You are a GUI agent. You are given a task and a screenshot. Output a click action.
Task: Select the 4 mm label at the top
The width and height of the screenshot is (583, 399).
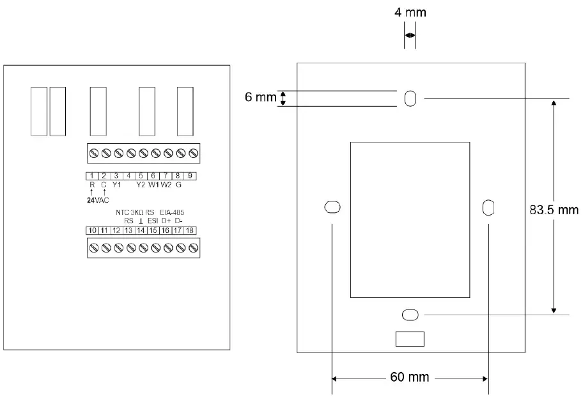pos(410,13)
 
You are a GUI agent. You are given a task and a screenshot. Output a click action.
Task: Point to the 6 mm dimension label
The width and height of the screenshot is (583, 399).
pos(260,98)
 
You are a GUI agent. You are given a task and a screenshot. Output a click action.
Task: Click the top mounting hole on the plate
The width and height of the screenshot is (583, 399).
pos(410,98)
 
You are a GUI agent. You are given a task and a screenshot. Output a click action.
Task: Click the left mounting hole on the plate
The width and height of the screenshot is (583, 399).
pos(332,207)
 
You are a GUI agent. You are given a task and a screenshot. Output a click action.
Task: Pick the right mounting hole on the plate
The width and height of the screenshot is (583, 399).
pos(488,207)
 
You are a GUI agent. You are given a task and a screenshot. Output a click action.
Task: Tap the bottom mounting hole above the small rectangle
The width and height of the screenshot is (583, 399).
pos(410,314)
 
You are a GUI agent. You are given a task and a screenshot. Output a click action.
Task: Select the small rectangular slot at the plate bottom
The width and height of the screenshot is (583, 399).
pos(410,339)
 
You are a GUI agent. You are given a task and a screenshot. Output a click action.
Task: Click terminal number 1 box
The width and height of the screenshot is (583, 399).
pos(92,176)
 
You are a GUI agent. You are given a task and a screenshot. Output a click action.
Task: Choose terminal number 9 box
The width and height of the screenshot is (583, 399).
pos(190,176)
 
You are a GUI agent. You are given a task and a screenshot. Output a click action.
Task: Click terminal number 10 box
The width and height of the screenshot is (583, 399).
pos(92,230)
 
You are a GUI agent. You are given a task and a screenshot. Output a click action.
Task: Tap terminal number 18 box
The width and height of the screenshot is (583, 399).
pos(190,230)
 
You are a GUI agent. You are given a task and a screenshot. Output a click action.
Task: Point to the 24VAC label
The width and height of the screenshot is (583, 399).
pos(98,199)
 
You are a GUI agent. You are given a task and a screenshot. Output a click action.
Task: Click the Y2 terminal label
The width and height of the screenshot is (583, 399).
pos(141,185)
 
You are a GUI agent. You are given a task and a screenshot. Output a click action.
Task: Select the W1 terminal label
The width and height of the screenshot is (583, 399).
pos(153,185)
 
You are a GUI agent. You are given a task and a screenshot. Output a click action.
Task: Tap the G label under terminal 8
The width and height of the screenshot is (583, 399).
pos(179,185)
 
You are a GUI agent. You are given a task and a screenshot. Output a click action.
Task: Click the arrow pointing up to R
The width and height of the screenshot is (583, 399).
pos(92,192)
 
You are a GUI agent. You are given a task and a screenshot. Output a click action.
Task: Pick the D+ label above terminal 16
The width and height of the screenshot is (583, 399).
pos(166,221)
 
